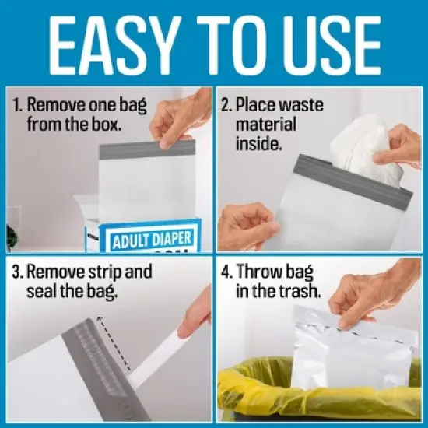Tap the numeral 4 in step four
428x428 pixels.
pos(226,273)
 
